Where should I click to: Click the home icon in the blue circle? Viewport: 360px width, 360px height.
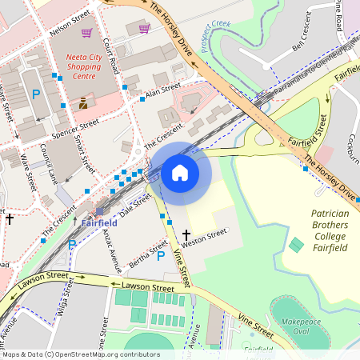[180, 172]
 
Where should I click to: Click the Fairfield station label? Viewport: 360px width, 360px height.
[99, 222]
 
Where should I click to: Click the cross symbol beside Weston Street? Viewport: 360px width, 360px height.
[186, 236]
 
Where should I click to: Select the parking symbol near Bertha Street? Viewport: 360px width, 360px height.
[160, 255]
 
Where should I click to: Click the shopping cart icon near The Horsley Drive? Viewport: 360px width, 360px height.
[144, 29]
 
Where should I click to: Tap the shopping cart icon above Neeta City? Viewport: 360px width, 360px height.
[86, 33]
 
